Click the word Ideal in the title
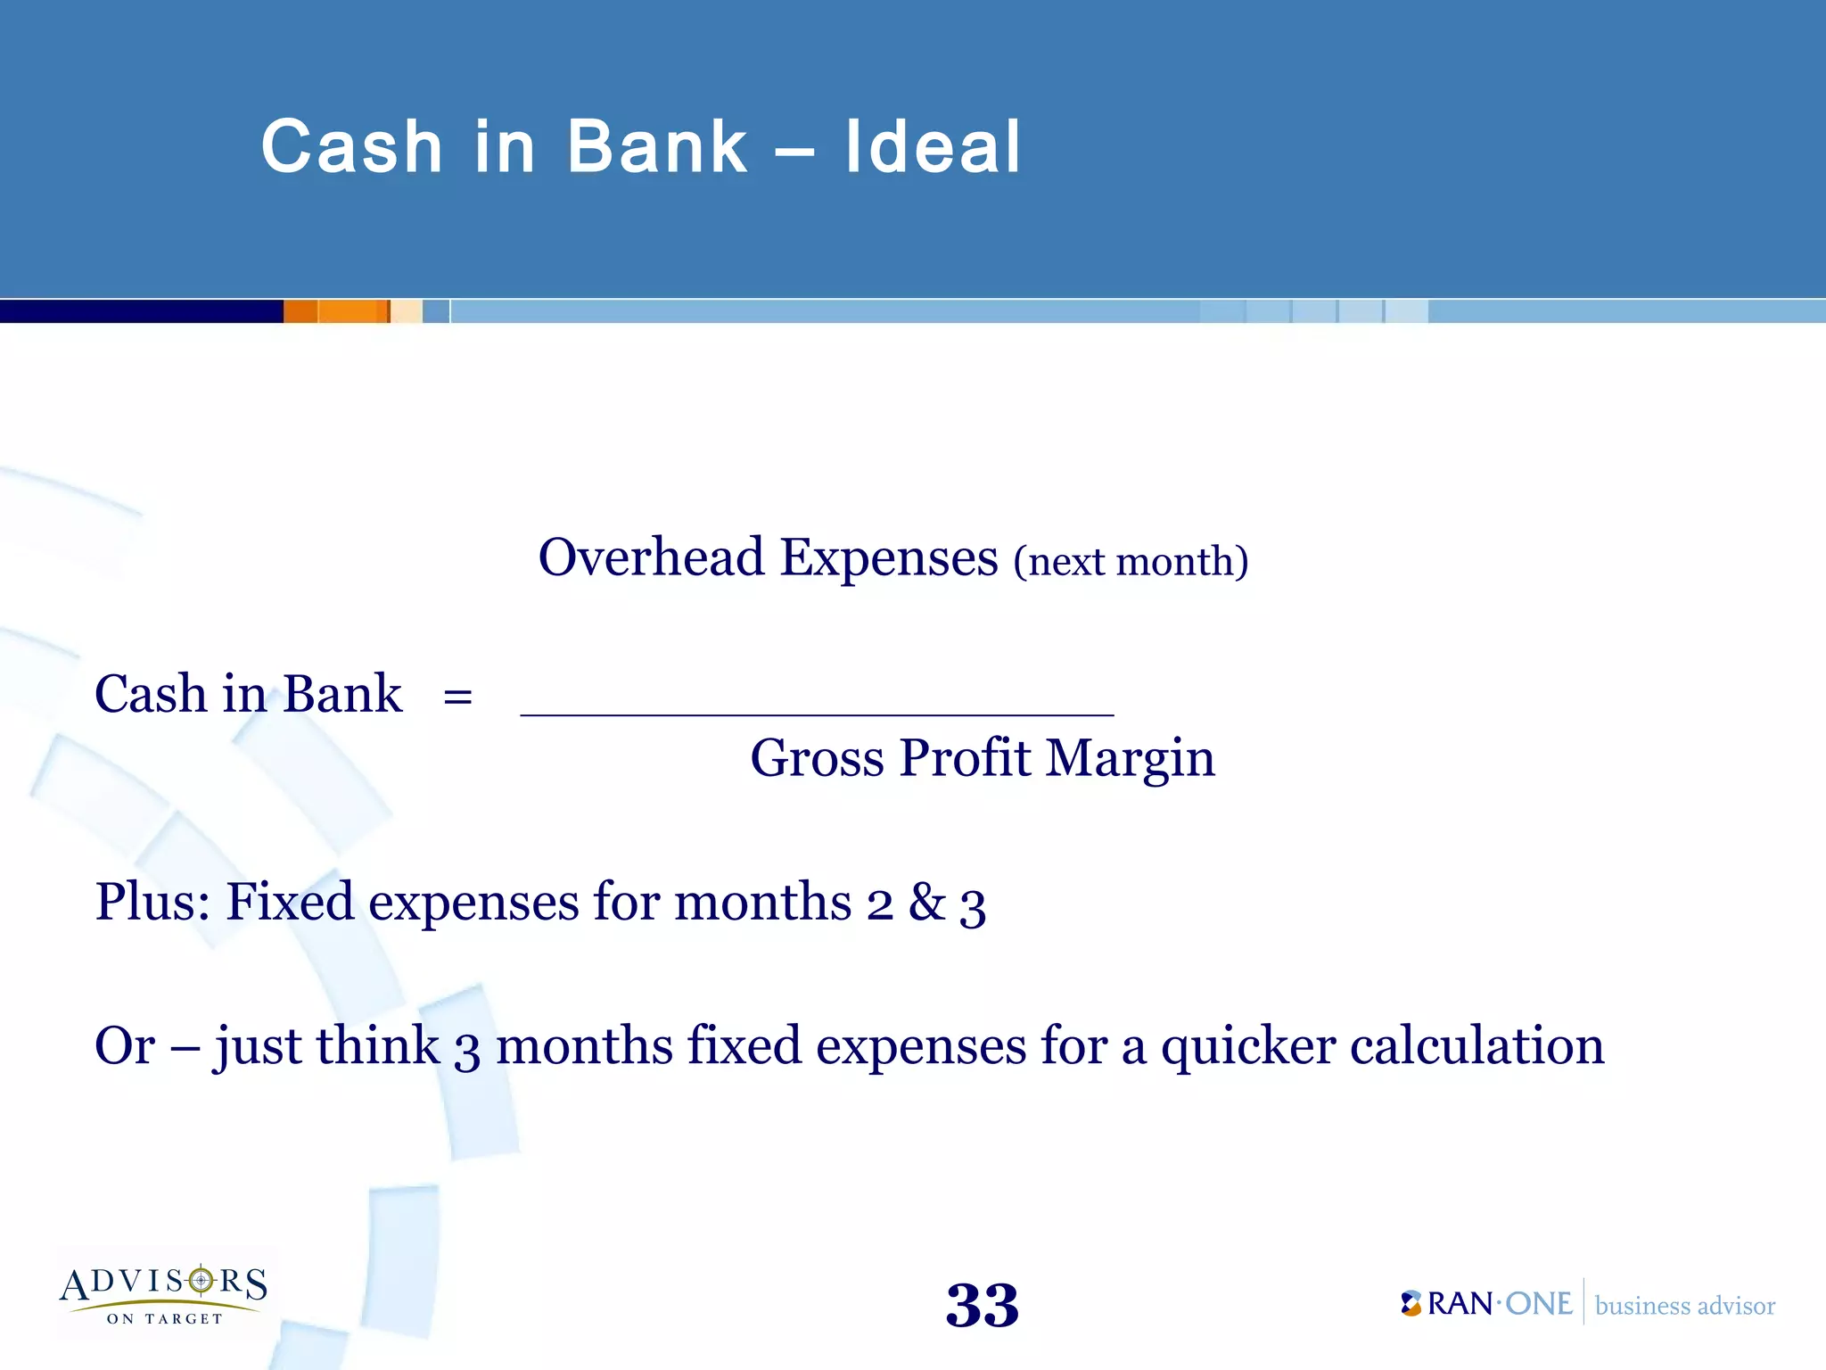pos(932,147)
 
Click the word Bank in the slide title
pos(657,147)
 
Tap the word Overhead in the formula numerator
pos(651,558)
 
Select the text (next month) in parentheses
pos(1131,562)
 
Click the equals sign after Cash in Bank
pos(457,697)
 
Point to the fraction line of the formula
pos(817,714)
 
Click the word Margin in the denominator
pos(1130,759)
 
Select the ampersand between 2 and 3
pos(926,903)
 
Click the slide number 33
pos(982,1306)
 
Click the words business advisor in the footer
pos(1684,1306)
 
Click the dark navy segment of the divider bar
pos(141,311)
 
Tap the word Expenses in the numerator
pos(889,558)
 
